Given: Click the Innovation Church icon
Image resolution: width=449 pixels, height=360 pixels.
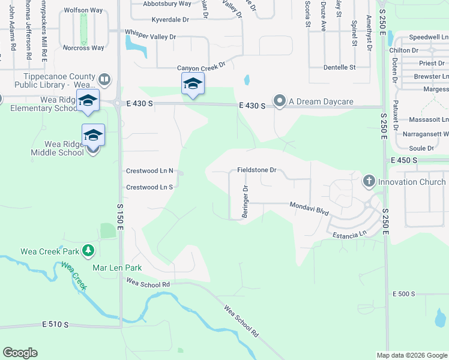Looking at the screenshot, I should tap(369, 181).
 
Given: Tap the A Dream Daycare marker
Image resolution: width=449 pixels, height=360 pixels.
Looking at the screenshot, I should tap(280, 101).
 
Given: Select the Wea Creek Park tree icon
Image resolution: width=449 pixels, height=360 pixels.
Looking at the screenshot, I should tap(88, 250).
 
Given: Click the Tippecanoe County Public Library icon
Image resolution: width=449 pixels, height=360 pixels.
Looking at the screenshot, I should tap(104, 79).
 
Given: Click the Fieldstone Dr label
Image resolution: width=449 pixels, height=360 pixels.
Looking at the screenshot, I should tap(256, 170).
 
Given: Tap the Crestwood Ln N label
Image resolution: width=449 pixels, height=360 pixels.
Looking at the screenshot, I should tap(149, 171).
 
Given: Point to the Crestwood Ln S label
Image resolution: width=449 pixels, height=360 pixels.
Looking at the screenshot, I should tap(149, 187).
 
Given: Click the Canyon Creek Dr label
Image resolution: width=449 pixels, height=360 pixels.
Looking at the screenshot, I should tap(200, 68).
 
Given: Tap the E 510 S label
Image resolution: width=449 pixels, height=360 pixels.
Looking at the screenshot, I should tap(56, 324).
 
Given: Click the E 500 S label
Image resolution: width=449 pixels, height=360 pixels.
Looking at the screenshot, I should tap(403, 293).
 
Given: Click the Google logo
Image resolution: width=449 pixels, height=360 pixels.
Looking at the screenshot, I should tap(20, 353).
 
